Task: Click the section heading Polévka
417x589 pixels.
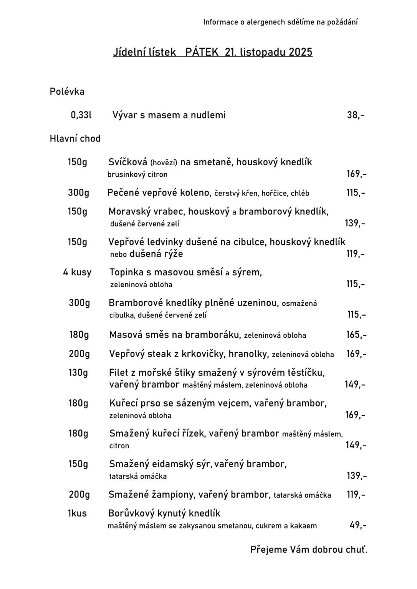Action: (67, 92)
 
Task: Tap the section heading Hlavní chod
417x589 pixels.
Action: (75, 138)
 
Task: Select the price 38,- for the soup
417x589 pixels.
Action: (356, 115)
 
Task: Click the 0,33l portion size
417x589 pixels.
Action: (81, 115)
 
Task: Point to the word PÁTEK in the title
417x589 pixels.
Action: (202, 52)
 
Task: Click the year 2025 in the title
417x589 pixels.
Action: (301, 52)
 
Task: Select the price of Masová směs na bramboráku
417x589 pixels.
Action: (356, 335)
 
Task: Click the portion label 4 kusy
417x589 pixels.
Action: (77, 272)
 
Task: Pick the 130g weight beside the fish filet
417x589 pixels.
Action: (78, 372)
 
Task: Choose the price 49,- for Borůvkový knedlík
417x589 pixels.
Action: (358, 525)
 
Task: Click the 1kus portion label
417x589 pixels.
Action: (77, 513)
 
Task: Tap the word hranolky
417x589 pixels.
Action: (248, 354)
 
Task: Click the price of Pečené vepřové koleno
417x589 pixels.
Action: (356, 192)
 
